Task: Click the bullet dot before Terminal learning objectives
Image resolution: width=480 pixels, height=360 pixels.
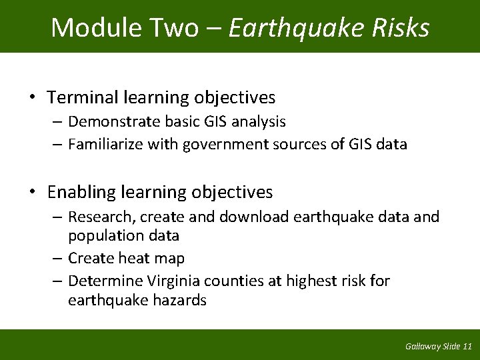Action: (32, 98)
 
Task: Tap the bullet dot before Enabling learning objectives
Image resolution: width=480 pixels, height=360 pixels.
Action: (32, 193)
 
